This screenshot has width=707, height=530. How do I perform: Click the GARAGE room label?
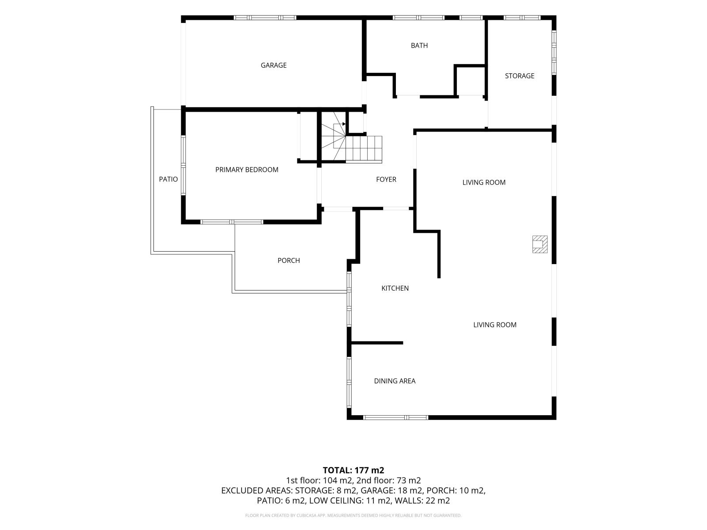(x=274, y=65)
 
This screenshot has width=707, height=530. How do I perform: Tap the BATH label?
(x=419, y=45)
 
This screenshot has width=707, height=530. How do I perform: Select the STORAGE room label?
(x=519, y=76)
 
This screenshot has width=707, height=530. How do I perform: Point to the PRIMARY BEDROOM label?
(x=247, y=170)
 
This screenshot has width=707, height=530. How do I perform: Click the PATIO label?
(x=168, y=179)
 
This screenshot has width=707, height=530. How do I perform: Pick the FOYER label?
(x=386, y=180)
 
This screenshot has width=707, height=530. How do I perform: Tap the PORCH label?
(x=289, y=260)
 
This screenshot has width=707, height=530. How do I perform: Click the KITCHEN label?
(x=395, y=288)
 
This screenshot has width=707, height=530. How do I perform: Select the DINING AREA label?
(x=395, y=381)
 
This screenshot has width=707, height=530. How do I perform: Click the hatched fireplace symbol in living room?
(x=540, y=244)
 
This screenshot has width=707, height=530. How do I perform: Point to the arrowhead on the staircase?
(x=344, y=124)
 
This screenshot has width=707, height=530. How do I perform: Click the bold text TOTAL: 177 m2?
(x=353, y=470)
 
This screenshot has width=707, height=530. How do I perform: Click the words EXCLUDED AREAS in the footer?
(x=257, y=491)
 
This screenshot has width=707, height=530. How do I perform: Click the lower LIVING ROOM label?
(x=495, y=325)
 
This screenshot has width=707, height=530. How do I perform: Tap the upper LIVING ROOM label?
(x=484, y=182)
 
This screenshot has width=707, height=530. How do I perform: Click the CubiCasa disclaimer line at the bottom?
(x=353, y=515)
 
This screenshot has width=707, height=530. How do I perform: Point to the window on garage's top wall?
(x=265, y=18)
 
